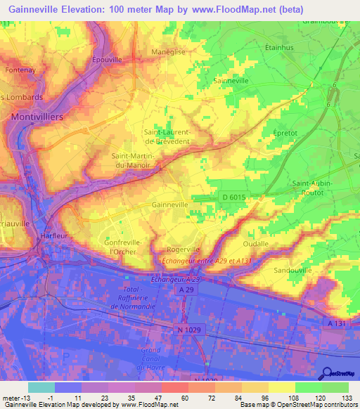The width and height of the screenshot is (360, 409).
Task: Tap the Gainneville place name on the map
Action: pos(169,204)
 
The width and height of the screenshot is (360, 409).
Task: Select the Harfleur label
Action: pos(54,236)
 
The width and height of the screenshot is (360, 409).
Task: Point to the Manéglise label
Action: pos(169,52)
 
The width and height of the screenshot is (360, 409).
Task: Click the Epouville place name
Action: pos(107,60)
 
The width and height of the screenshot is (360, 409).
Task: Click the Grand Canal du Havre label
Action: pos(150,358)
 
